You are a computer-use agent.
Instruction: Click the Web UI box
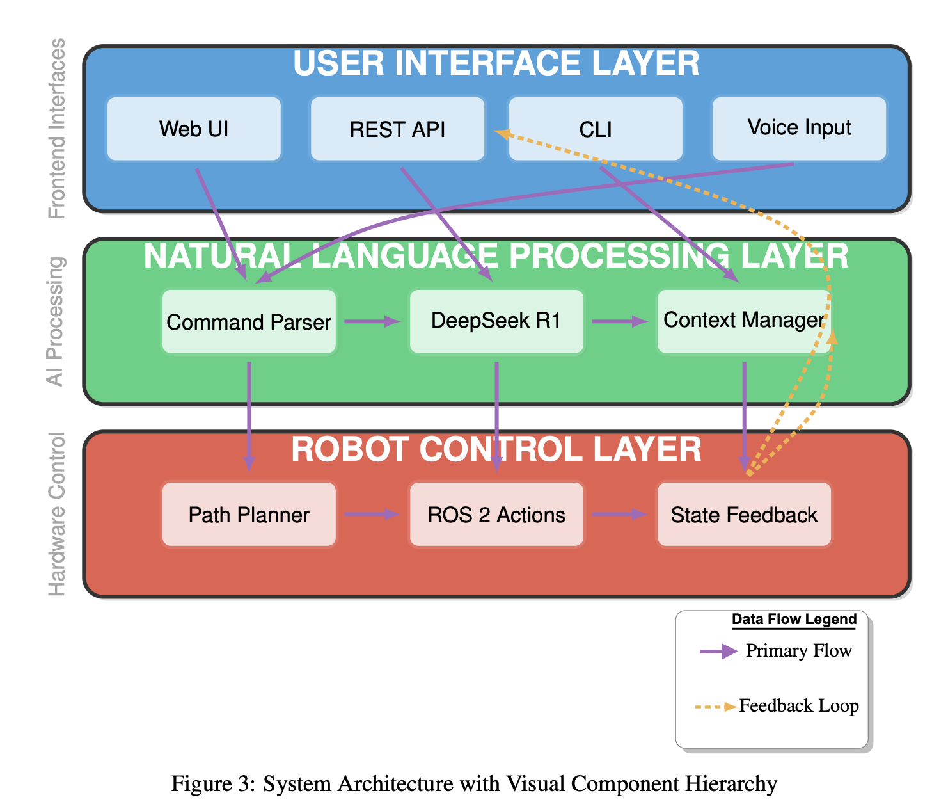coord(194,129)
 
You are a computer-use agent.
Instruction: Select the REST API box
coord(397,129)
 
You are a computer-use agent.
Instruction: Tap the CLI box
coord(595,129)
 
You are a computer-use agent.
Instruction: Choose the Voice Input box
coord(799,128)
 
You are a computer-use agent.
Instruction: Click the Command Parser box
coord(249,321)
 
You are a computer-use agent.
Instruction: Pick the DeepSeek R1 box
coord(496,321)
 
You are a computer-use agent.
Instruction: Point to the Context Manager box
coord(743,321)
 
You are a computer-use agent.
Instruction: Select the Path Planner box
coord(249,515)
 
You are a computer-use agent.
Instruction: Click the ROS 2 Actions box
coord(496,515)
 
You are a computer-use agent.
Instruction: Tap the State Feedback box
coord(744,515)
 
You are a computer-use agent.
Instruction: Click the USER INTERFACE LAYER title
coord(496,63)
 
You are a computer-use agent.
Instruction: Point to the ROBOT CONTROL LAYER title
coord(496,449)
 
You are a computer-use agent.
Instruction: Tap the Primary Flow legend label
coord(798,651)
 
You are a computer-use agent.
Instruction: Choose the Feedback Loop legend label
coord(798,706)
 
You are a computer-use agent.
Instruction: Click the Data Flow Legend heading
coord(794,620)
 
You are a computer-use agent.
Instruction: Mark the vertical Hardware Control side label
coord(57,514)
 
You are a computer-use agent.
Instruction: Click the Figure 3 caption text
coord(474,784)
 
